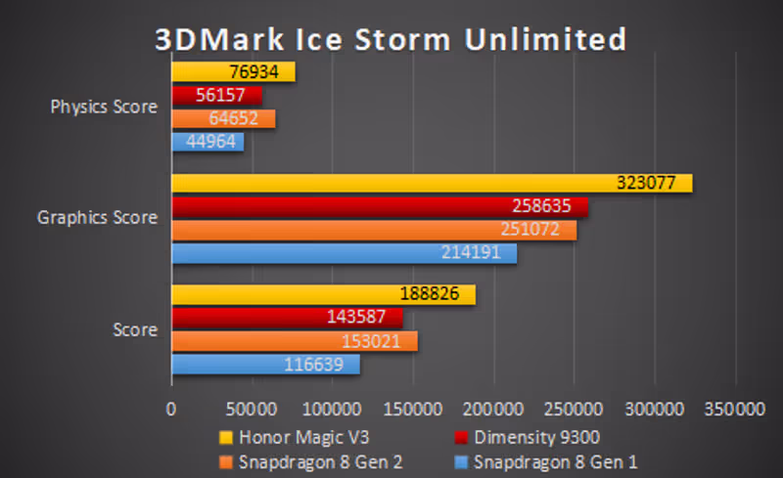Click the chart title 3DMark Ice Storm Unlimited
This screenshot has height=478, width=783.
click(x=391, y=39)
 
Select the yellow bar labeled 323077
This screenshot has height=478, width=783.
click(x=431, y=183)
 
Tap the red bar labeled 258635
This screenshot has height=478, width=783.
click(x=380, y=206)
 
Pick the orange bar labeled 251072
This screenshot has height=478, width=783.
click(x=374, y=230)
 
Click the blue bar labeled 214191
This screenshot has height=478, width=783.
click(x=344, y=253)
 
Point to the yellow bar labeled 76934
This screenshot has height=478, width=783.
click(x=233, y=71)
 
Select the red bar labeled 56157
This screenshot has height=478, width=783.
click(x=216, y=95)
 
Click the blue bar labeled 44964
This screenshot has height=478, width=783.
click(x=207, y=142)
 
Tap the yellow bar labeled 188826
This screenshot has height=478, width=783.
click(x=323, y=294)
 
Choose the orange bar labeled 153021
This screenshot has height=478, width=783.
click(x=295, y=341)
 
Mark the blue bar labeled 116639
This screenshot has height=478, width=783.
click(x=265, y=365)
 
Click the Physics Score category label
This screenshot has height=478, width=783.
click(x=104, y=107)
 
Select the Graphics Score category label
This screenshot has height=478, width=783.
click(x=97, y=217)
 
